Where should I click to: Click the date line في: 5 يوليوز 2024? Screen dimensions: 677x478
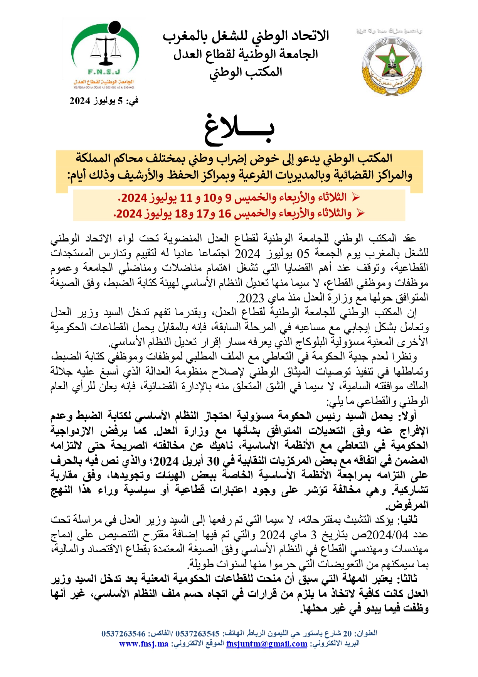coord(104,101)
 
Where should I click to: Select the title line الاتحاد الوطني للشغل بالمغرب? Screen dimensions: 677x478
coord(246,36)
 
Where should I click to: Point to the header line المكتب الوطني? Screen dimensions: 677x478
coord(246,72)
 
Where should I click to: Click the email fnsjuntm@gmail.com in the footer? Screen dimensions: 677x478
coord(267,644)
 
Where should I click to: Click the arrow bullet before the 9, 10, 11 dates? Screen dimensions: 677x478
coord(355,198)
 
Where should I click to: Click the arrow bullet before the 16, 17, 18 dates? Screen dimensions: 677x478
coord(360,213)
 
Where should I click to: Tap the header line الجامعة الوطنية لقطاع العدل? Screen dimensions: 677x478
coord(246,54)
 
